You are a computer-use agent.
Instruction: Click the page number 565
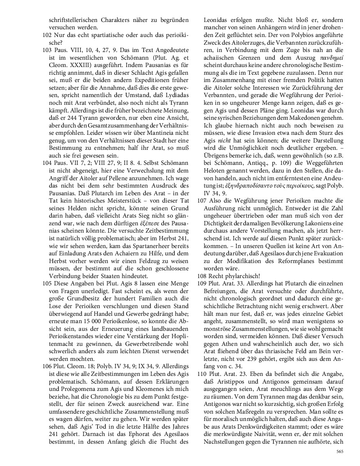point(340,451)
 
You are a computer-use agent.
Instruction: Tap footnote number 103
point(47,50)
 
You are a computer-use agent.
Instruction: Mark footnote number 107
point(201,200)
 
